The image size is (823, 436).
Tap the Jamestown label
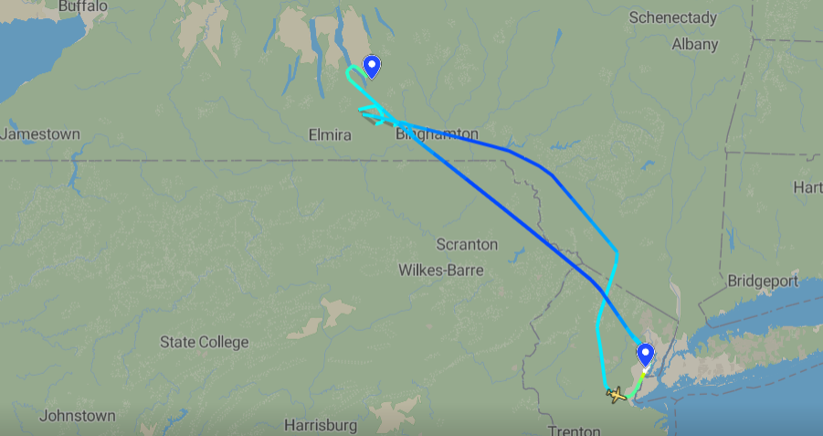coord(40,134)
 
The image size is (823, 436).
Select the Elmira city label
coord(330,135)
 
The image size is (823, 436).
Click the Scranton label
coord(467,244)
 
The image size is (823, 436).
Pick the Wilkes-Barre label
coord(441,270)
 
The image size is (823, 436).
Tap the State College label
coord(204,342)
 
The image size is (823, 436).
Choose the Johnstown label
coord(78,416)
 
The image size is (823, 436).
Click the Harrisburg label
coord(320,425)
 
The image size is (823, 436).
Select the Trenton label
coord(575,431)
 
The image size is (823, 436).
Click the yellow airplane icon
coord(617,395)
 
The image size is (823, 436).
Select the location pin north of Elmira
coord(372,67)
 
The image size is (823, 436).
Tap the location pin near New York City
coord(646,354)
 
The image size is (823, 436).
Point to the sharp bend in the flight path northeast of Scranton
coord(618,251)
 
